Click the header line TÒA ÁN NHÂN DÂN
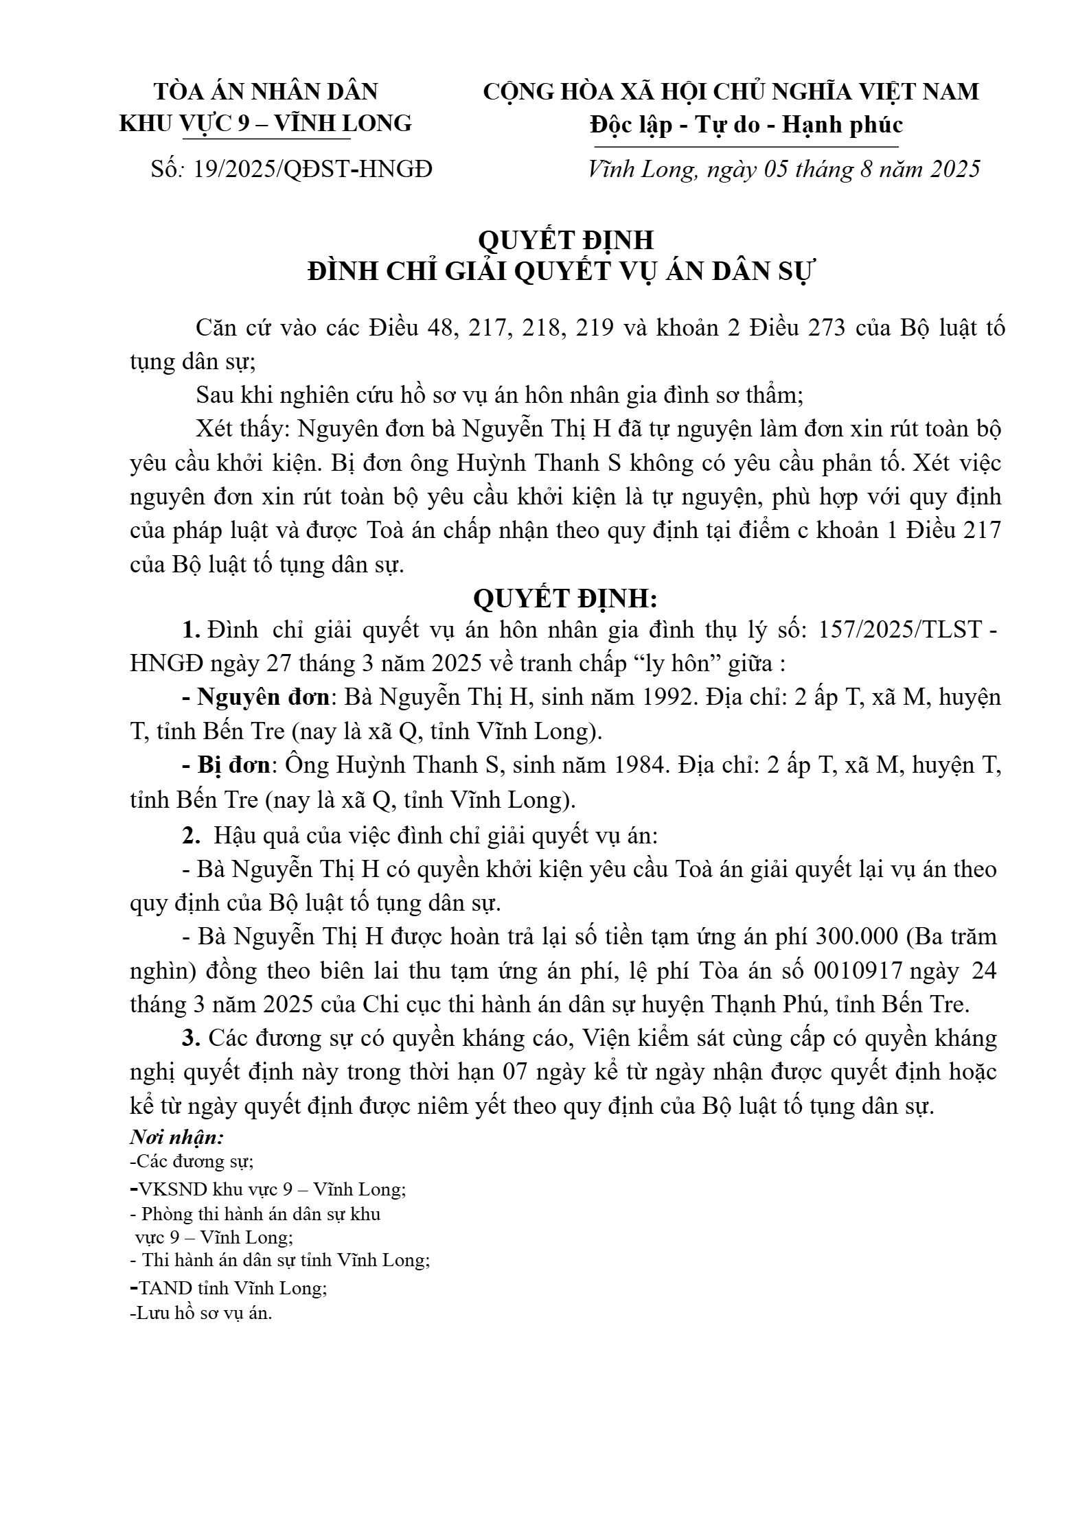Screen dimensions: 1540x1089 pos(266,91)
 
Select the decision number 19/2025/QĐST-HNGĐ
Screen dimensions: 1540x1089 pos(313,169)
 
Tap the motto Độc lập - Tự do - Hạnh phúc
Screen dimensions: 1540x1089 pos(746,125)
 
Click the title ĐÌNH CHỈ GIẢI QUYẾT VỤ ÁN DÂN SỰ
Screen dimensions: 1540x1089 pos(560,272)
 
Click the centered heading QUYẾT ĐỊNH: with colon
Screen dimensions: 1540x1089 pos(566,598)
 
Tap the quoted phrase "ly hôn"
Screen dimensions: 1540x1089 pos(679,664)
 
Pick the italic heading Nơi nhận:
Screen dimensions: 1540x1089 pos(177,1137)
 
